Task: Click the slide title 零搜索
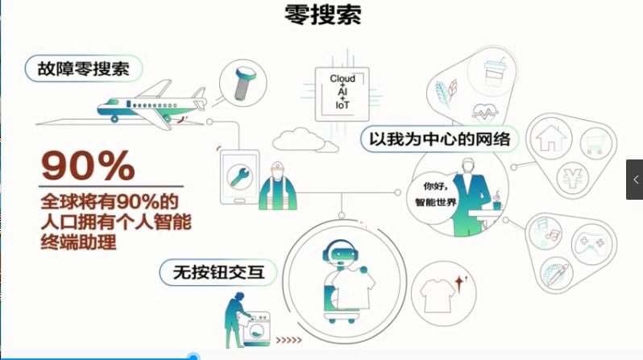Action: pyautogui.click(x=323, y=15)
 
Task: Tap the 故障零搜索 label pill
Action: pyautogui.click(x=84, y=68)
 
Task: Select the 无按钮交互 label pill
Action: pyautogui.click(x=218, y=272)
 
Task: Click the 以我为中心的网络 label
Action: pyautogui.click(x=440, y=139)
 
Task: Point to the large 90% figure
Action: pyautogui.click(x=88, y=166)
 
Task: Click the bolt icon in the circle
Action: pyautogui.click(x=244, y=84)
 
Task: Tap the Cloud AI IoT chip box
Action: pyautogui.click(x=342, y=94)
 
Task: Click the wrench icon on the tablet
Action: pyautogui.click(x=239, y=176)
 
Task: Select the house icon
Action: pyautogui.click(x=550, y=138)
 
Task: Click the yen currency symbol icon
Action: pyautogui.click(x=572, y=178)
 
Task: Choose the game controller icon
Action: pyautogui.click(x=590, y=243)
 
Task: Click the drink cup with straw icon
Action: pyautogui.click(x=494, y=72)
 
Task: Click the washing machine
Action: pyautogui.click(x=257, y=329)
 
